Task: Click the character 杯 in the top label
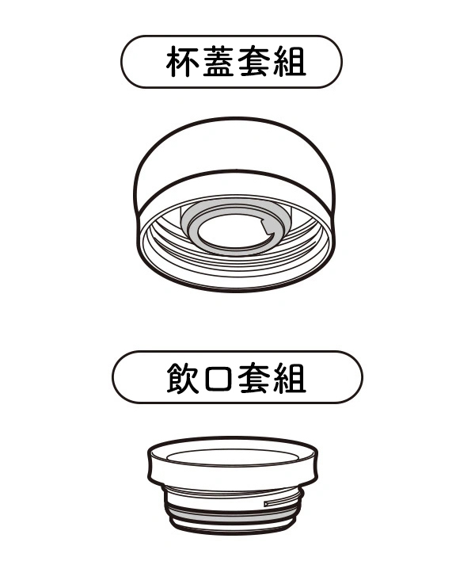click(182, 61)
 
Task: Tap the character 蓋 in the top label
click(218, 61)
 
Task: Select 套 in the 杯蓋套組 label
click(253, 61)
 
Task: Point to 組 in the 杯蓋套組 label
click(289, 61)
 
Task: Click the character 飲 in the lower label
click(183, 378)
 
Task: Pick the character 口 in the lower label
click(218, 378)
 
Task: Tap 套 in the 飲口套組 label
click(253, 378)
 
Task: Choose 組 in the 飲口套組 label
click(289, 378)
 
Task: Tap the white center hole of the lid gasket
click(230, 233)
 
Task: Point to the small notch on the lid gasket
click(268, 227)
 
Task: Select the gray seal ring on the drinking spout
click(234, 517)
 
